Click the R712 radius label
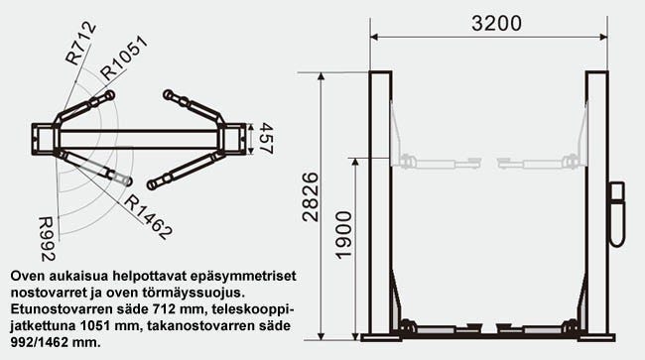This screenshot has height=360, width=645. click(81, 43)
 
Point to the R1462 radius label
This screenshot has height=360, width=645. click(149, 218)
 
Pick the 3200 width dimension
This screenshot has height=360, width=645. click(485, 22)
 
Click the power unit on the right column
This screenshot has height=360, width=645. click(617, 213)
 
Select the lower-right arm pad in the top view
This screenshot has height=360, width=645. click(152, 183)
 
